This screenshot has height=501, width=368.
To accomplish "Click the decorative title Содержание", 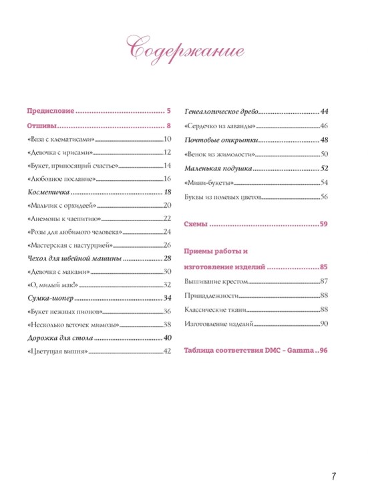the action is (184, 48).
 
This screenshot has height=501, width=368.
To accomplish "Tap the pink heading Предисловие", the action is (50, 111).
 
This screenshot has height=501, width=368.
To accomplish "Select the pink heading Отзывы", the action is (41, 125).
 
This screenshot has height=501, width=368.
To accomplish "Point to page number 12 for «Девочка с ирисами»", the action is (168, 152).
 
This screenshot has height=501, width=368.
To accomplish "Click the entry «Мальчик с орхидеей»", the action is (64, 205).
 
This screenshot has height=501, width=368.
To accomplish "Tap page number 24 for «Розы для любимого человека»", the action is (168, 232).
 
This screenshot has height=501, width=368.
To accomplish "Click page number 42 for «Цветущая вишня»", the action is (168, 351).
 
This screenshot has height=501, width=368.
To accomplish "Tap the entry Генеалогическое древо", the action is (220, 112).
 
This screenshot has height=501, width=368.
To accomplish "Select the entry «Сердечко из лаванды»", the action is (220, 126).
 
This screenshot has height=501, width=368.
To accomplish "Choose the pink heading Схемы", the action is (195, 224).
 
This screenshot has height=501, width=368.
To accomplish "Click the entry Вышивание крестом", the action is (216, 282).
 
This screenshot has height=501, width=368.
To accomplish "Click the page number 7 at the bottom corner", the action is (333, 476).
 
